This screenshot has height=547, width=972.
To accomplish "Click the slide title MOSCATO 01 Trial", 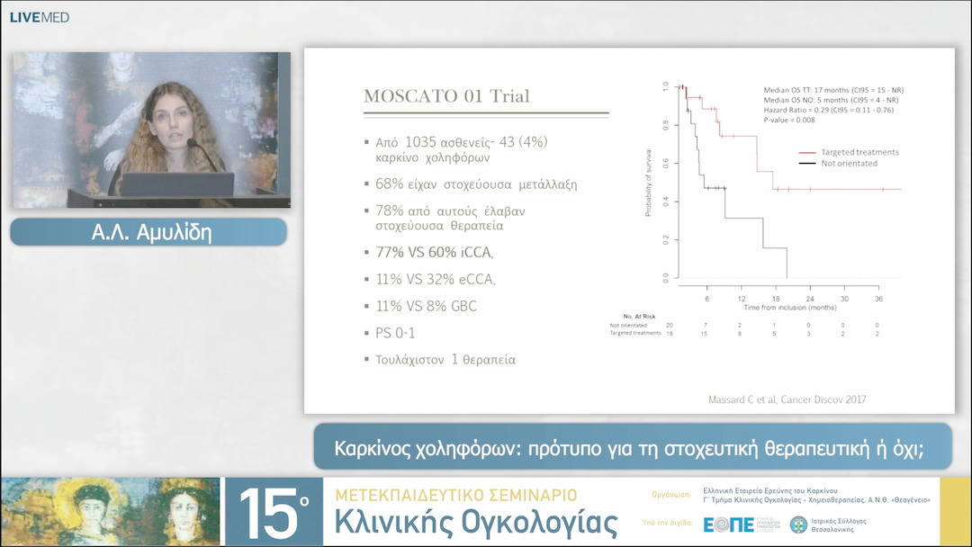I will [x=446, y=96].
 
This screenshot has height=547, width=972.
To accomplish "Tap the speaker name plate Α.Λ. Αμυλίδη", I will [x=148, y=232].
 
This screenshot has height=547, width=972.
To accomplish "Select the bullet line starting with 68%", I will [x=476, y=184].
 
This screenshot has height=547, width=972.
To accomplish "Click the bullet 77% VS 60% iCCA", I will [x=434, y=253].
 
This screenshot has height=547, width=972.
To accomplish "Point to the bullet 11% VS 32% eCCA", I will [x=435, y=280].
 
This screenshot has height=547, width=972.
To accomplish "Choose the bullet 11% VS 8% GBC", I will [x=426, y=306].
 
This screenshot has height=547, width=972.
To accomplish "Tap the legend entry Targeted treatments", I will [x=859, y=152].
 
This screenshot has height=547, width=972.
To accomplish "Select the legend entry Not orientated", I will [x=849, y=163].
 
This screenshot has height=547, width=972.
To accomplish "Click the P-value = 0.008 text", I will [x=789, y=119].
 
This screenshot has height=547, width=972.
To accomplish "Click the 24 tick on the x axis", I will [x=810, y=298].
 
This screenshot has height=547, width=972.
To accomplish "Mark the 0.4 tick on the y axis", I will [x=665, y=202].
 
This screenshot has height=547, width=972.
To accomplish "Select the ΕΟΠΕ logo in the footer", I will [x=728, y=525].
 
